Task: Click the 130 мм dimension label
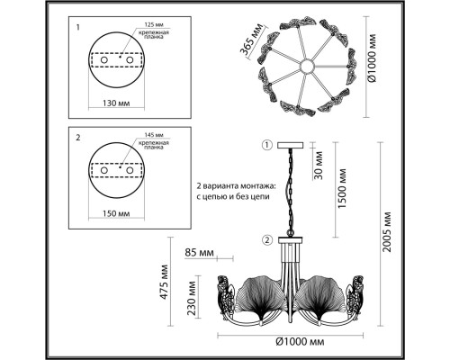(116, 103)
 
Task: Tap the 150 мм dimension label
(116, 213)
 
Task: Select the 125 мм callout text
(154, 24)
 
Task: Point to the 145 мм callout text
(154, 135)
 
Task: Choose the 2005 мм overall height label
(387, 232)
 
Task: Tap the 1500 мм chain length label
(342, 189)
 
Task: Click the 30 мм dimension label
(319, 166)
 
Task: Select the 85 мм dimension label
(199, 253)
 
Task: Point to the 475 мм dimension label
(164, 282)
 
